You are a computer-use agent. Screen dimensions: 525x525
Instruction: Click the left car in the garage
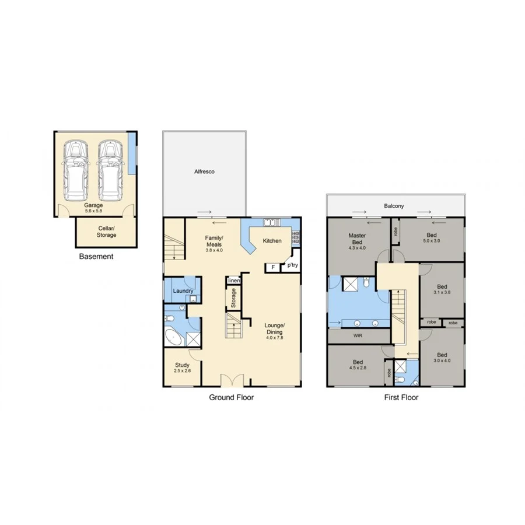[76, 169]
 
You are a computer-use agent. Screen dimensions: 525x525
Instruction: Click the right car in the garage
[110, 169]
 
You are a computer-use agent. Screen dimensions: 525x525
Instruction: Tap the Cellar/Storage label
[106, 232]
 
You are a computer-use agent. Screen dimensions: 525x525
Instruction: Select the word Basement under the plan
[96, 256]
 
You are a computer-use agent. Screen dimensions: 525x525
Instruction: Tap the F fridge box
[272, 267]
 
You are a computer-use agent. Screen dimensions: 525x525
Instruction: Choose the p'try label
[291, 266]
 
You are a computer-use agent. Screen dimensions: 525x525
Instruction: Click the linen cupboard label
[233, 281]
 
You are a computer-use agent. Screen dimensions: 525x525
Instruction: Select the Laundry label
[183, 290]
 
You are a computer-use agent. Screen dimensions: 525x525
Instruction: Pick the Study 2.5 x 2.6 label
[182, 367]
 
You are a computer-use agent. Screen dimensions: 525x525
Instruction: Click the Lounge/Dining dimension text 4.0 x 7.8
[274, 338]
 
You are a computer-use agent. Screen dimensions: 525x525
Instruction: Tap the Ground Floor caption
[232, 397]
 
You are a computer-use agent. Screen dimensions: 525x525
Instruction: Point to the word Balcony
[394, 206]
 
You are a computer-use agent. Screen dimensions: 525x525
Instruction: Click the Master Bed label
[357, 239]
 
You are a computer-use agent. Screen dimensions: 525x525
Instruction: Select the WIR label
[358, 336]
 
